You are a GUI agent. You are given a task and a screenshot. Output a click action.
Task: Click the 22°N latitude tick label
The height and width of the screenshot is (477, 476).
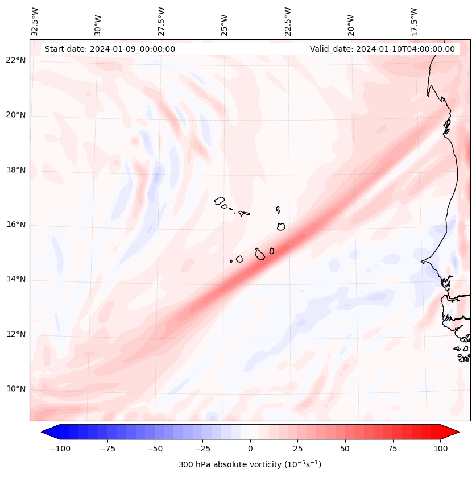(16, 60)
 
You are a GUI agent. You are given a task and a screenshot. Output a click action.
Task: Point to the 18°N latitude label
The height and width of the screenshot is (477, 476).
(16, 170)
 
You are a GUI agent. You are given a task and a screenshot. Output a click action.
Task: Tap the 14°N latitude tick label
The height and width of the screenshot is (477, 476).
(16, 280)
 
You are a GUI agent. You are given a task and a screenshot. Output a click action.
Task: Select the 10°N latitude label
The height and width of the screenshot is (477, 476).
(16, 389)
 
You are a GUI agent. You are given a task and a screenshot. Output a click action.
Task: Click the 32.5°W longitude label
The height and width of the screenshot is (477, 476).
(35, 21)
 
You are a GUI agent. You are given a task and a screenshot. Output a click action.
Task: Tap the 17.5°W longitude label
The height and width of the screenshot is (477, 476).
(414, 21)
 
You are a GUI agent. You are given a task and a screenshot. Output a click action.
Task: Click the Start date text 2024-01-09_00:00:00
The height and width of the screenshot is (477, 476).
(110, 49)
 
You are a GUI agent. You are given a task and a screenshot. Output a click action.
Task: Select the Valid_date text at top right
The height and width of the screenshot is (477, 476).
(382, 49)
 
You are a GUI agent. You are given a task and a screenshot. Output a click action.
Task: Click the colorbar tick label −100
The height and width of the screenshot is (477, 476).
(60, 449)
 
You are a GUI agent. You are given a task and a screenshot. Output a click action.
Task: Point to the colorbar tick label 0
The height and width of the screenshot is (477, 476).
(250, 449)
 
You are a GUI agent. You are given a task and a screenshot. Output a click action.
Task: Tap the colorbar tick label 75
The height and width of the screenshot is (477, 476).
(393, 449)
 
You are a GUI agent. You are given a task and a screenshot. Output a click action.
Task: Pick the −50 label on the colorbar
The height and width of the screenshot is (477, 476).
(155, 449)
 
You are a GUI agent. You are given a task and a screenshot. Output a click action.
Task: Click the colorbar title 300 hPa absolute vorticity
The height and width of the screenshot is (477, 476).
(250, 464)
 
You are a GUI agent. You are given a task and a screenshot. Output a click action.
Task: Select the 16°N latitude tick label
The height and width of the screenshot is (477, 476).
(16, 225)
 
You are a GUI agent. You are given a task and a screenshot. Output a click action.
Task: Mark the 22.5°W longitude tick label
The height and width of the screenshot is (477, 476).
(288, 21)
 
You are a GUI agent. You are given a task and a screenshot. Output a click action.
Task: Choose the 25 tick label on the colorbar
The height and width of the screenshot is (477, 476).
(297, 449)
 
